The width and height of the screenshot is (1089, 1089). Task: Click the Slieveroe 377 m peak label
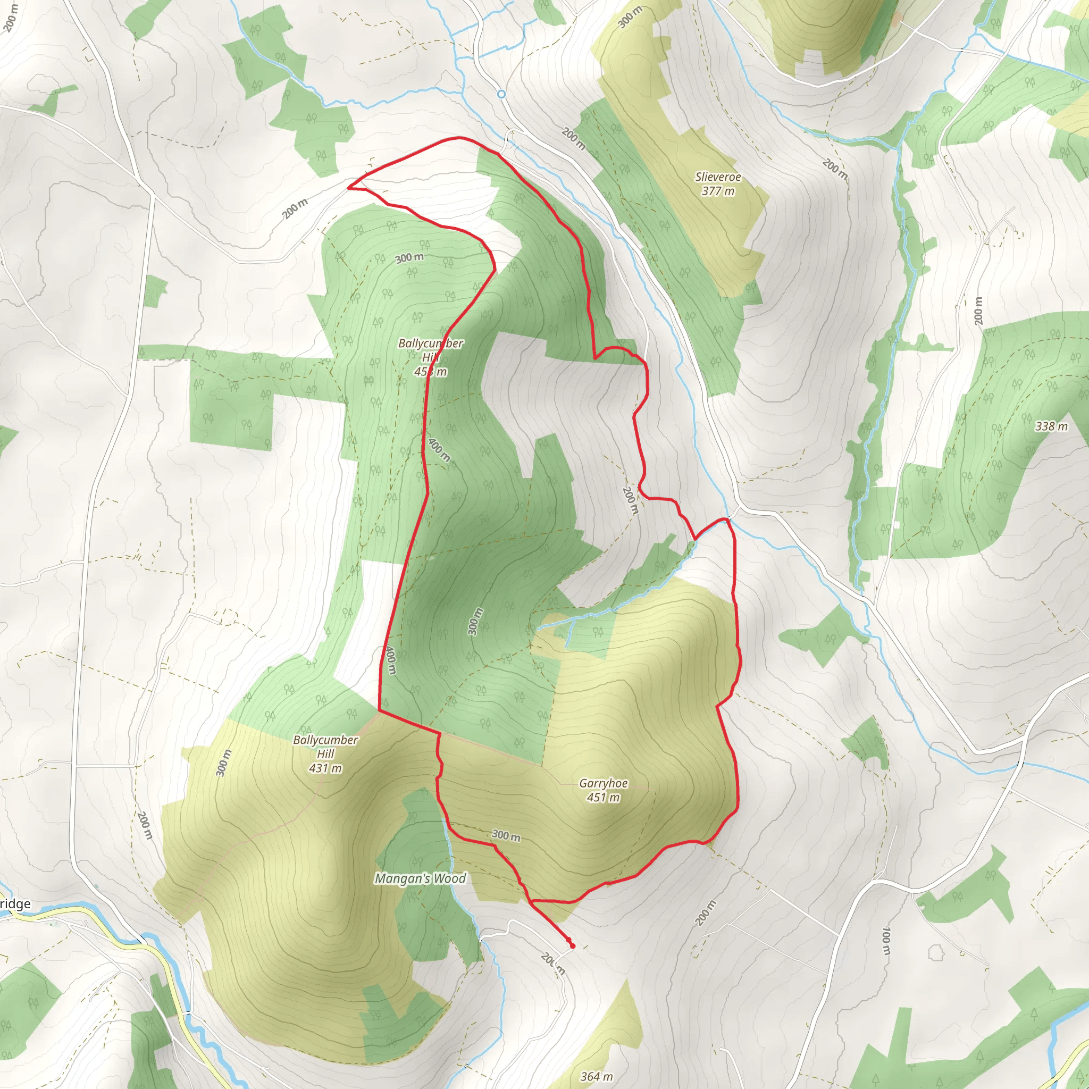[x=717, y=184]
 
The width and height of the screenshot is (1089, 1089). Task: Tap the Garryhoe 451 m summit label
[x=603, y=790]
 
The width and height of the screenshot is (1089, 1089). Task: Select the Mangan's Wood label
[x=421, y=878]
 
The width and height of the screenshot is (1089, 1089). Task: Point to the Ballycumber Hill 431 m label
[x=325, y=754]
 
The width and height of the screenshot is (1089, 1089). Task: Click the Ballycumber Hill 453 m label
[x=431, y=357]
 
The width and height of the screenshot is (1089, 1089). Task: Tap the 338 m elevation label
[x=1051, y=426]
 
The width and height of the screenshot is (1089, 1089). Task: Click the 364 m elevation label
[x=597, y=1077]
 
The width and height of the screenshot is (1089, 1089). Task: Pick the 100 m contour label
[x=886, y=941]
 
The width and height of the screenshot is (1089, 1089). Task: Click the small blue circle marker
[x=501, y=94]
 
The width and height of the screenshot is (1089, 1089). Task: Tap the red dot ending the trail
[x=573, y=946]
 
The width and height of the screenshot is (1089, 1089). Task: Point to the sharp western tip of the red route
[x=349, y=187]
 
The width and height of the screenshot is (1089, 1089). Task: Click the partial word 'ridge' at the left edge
[x=15, y=904]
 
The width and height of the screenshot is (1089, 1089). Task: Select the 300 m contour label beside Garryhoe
[x=506, y=835]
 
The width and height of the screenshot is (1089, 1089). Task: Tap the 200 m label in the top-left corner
[x=10, y=17]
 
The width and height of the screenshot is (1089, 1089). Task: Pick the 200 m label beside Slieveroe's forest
[x=572, y=139]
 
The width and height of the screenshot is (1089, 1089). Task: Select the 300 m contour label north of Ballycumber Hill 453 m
[x=409, y=258]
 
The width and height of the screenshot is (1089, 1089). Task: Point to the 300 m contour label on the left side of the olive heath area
[x=224, y=763]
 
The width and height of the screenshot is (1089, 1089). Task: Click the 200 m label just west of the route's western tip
[x=295, y=209]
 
